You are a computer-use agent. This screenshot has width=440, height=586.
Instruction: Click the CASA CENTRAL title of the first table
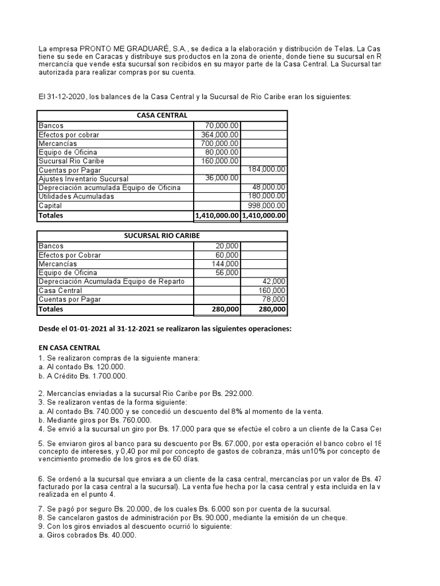coord(162,116)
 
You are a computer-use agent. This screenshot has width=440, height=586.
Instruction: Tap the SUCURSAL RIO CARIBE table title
coord(162,236)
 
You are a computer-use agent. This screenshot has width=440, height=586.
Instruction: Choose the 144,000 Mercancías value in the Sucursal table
coord(227,264)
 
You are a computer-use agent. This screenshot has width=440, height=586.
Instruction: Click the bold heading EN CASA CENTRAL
coord(69,347)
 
